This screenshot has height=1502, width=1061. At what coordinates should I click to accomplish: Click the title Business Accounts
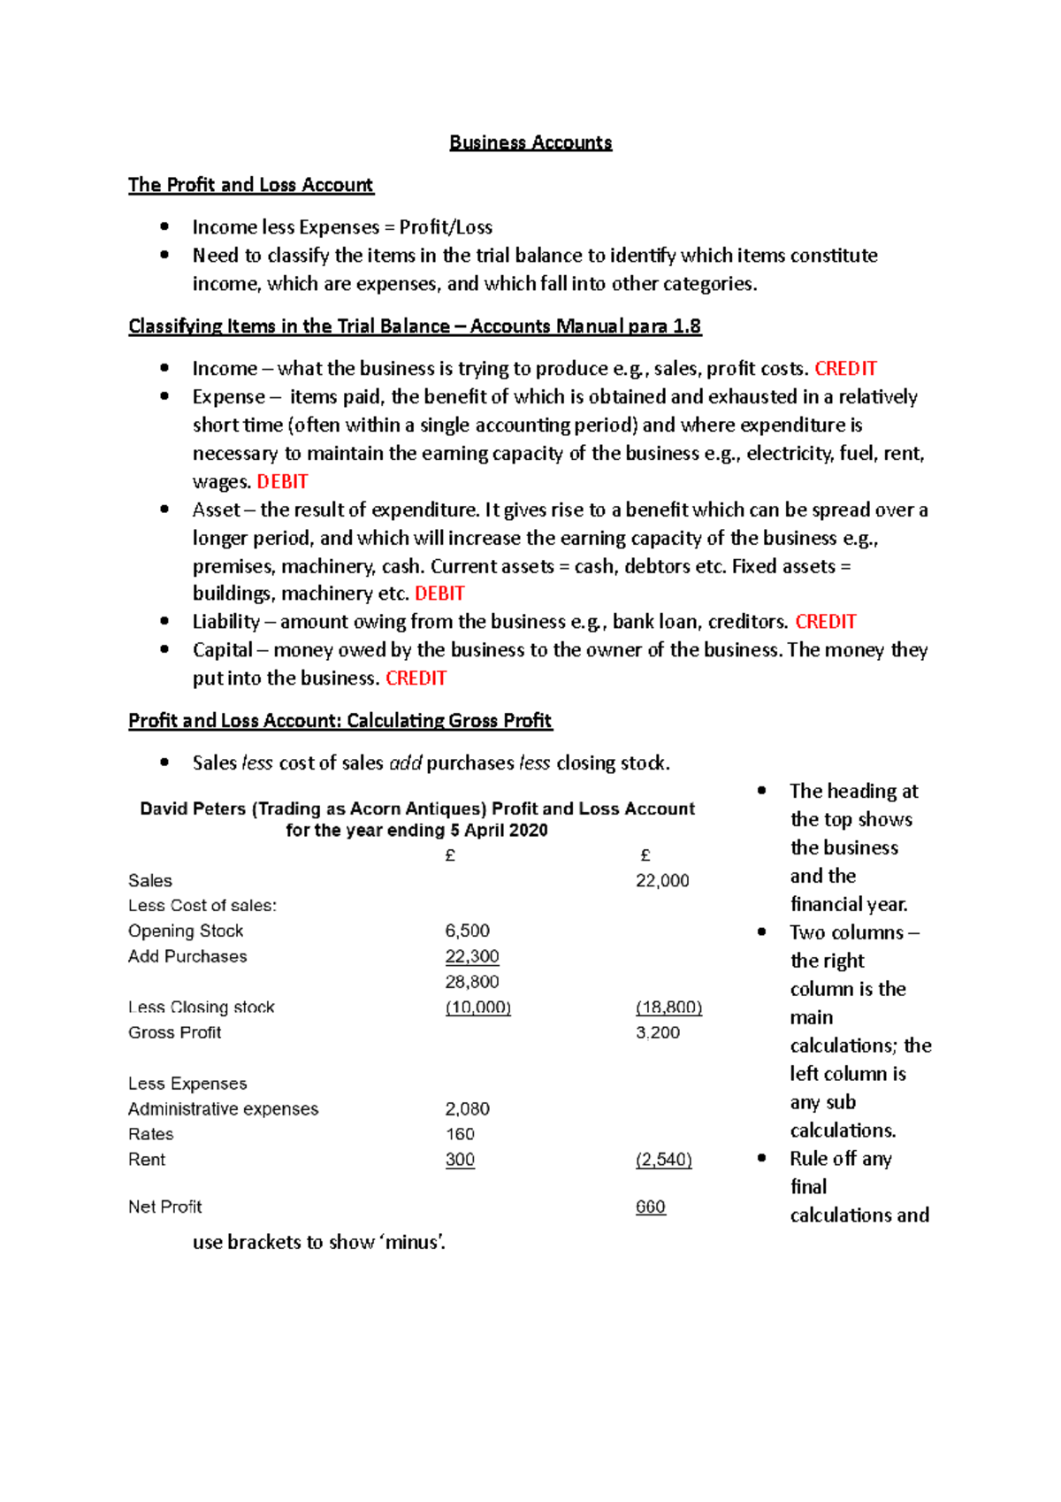pos(530,142)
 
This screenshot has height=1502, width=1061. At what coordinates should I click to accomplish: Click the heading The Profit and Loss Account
pos(250,185)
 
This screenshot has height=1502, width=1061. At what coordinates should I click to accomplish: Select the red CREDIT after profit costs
pos(845,369)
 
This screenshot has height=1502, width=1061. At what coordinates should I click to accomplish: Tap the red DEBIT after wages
pos(282,482)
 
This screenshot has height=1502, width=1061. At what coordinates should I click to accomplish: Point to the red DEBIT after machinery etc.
pos(439,594)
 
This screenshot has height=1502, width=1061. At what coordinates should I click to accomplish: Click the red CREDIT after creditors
pos(825,622)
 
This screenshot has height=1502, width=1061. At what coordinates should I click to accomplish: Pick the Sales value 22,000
pos(662,881)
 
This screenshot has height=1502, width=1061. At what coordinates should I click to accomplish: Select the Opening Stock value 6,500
pos(467,931)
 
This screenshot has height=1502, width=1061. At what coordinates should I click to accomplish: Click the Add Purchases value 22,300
pos(472,957)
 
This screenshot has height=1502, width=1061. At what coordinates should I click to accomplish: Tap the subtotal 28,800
pos(472,982)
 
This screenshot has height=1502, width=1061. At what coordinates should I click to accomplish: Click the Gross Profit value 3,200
pos(658,1033)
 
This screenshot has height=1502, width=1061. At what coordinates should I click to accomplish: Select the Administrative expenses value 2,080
pos(467,1109)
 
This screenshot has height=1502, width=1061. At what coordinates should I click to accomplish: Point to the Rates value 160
pos(460,1135)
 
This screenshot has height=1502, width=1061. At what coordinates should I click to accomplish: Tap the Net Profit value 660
pos(650,1207)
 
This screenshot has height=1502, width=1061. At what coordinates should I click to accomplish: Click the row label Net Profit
pos(164,1207)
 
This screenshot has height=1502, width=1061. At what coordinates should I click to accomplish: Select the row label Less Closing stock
pos(201,1008)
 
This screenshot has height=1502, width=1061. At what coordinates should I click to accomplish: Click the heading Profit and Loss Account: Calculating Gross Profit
pos(340,721)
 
